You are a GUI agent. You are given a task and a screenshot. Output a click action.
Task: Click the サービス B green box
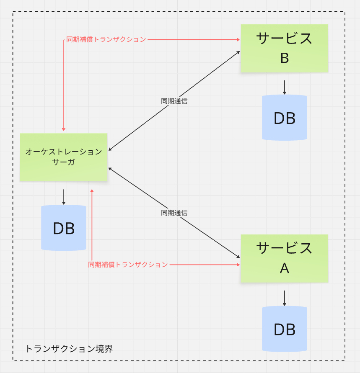284,48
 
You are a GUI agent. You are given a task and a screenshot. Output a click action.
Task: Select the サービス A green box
284,258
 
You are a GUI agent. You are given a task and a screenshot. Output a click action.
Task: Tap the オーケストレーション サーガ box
64,157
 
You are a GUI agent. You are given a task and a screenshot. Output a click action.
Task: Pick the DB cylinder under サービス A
284,329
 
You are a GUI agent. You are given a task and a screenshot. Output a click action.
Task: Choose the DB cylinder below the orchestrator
64,228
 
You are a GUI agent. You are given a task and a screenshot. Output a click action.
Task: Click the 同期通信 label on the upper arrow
174,101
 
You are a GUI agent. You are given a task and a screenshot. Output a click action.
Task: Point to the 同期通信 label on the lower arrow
174,213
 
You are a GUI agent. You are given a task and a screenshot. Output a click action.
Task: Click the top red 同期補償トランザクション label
106,40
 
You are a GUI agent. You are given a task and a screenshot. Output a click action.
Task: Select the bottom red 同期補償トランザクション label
128,265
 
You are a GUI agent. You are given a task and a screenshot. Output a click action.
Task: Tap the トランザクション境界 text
69,348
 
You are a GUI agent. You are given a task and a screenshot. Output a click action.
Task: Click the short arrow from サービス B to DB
284,87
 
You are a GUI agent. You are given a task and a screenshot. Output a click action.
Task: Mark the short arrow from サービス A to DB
284,298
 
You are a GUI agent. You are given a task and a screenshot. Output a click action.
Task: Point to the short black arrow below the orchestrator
64,197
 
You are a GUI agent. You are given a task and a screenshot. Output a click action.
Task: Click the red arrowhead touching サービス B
238,40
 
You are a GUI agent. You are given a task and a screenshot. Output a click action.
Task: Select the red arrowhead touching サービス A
238,265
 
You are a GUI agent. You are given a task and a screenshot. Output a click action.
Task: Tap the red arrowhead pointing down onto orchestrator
64,129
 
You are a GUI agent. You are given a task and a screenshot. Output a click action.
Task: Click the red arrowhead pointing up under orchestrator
92,191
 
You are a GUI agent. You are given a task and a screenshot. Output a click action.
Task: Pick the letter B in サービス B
284,58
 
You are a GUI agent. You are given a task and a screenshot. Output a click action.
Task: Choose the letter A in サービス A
284,268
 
